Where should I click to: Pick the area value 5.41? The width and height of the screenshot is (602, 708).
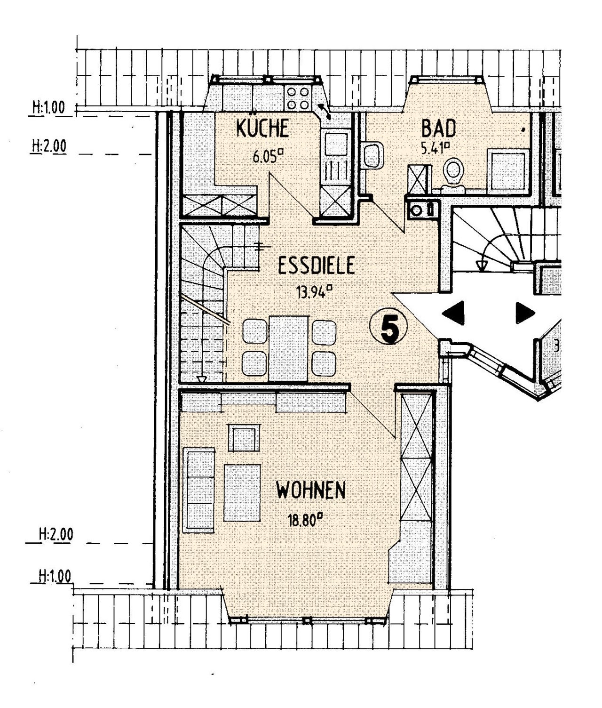[435, 149]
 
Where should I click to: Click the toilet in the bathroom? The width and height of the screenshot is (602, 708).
[454, 174]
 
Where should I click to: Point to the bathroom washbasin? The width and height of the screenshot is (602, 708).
[374, 155]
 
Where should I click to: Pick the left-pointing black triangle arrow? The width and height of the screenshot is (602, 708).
[453, 313]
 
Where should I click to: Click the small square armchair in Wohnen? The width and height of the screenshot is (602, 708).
[244, 438]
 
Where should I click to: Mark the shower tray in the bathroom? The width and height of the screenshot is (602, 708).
[508, 169]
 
